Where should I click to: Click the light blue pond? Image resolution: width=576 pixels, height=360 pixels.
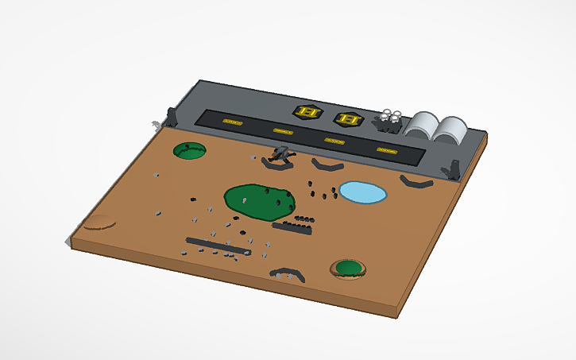(363, 192)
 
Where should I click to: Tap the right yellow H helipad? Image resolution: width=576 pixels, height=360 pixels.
(347, 119)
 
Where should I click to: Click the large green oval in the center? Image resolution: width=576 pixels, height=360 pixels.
(260, 200)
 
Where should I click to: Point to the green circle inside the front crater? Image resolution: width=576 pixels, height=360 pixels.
(348, 269)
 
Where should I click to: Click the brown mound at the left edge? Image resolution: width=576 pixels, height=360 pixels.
(99, 222)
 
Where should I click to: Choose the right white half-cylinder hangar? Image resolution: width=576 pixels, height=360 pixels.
(453, 130)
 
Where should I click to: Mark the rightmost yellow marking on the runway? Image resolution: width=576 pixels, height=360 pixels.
(385, 149)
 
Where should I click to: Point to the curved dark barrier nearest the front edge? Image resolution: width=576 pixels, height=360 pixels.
(288, 274)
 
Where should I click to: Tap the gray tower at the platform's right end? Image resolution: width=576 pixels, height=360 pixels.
(454, 168)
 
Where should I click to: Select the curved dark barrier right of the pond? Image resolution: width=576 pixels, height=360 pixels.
(416, 184)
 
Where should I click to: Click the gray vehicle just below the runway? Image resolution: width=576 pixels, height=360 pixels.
(280, 157)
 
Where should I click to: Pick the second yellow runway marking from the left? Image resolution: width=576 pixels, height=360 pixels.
(283, 130)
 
